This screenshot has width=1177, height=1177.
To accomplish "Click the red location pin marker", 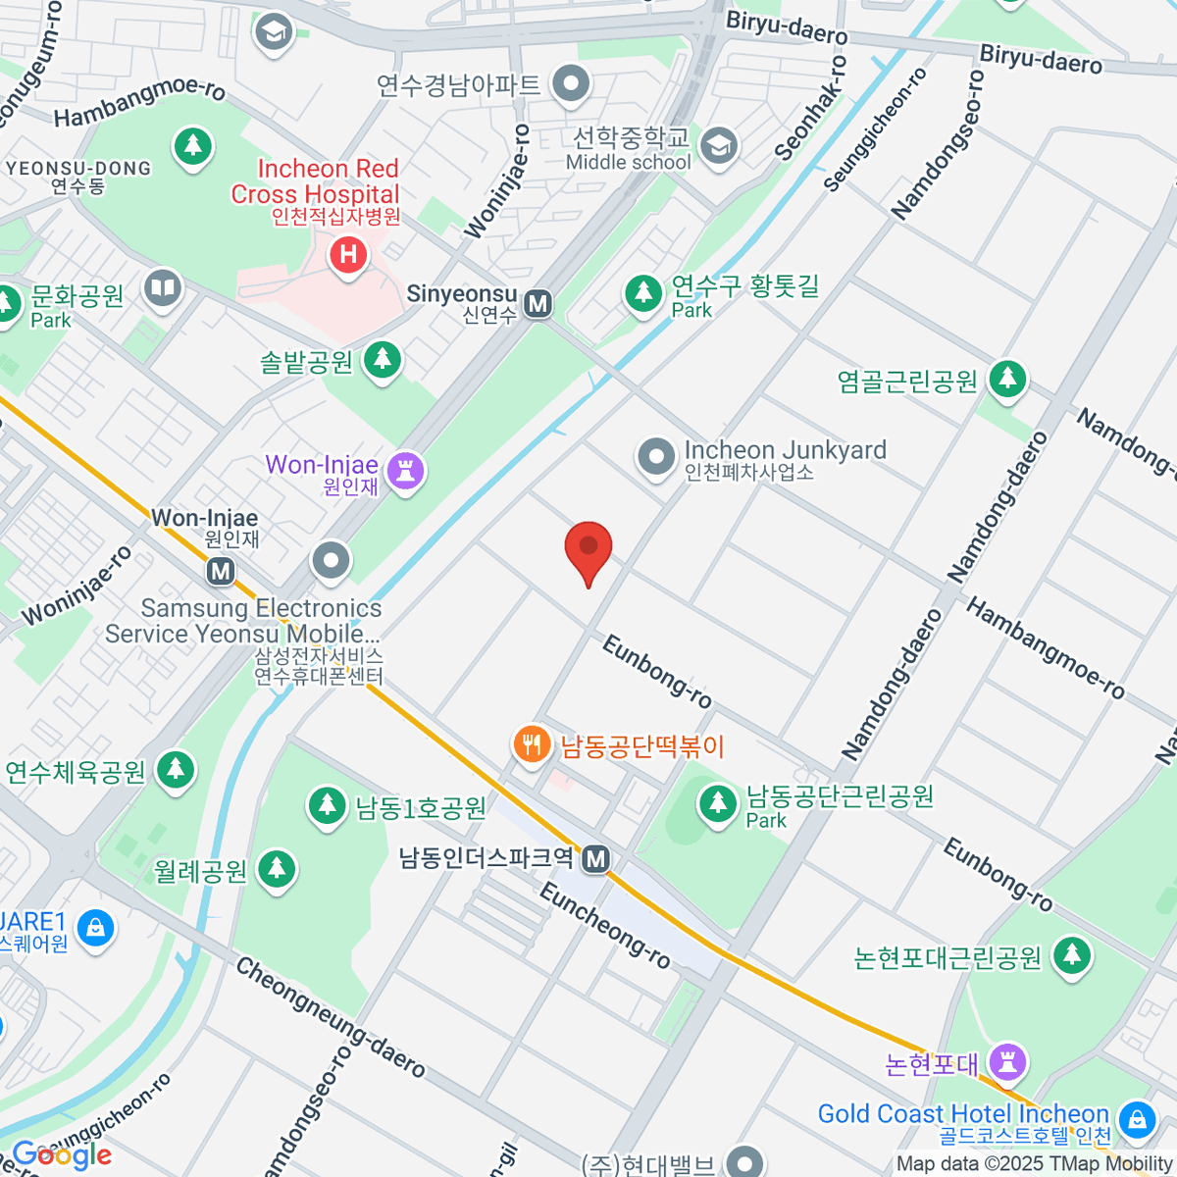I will [x=588, y=549].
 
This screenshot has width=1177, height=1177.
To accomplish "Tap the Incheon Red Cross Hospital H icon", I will [x=347, y=256].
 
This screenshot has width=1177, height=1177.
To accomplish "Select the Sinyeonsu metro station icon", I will [x=537, y=303].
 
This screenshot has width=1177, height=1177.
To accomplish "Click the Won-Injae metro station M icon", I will [x=221, y=570].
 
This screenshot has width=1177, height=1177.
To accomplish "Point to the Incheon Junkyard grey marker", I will [x=655, y=456].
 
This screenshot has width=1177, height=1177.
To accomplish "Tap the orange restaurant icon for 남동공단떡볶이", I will [x=532, y=745].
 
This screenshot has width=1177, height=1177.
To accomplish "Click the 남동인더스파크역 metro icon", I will [x=595, y=859].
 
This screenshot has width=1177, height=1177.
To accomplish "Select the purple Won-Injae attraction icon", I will [x=404, y=471].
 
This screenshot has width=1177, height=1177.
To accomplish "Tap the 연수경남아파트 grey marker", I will [x=569, y=84].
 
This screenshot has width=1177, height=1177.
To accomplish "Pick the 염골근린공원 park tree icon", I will [x=1006, y=380].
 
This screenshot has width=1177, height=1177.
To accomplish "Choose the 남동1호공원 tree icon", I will [x=327, y=806].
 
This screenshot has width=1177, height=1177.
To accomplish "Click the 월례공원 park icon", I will [x=277, y=869].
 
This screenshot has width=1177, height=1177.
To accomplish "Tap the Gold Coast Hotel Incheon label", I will [x=963, y=1114].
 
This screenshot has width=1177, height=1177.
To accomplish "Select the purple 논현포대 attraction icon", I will [x=1007, y=1061].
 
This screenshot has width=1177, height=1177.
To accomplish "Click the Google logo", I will [x=61, y=1154].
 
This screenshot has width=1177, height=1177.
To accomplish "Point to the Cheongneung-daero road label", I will [x=330, y=1016].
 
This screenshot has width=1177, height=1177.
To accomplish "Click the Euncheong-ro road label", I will [x=605, y=925].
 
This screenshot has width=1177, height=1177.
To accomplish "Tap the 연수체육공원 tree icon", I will [x=177, y=770].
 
